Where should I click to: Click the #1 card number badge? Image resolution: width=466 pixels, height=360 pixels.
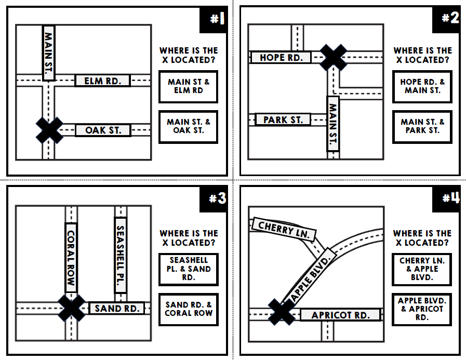tap(215, 20)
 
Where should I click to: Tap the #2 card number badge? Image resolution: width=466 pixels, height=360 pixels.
tap(448, 19)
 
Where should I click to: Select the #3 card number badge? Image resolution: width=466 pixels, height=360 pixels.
tap(215, 199)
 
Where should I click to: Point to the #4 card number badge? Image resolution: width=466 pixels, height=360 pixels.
tap(448, 199)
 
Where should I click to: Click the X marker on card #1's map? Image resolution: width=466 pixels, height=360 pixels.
tap(49, 130)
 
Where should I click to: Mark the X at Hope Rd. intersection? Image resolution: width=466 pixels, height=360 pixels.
tap(332, 57)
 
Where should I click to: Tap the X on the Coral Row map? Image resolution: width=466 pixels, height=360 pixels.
tap(72, 308)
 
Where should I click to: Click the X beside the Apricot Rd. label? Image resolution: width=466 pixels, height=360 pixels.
tap(282, 312)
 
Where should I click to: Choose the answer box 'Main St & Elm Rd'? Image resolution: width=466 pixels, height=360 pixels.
tap(189, 86)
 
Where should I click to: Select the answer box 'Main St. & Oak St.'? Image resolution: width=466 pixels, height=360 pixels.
tap(189, 126)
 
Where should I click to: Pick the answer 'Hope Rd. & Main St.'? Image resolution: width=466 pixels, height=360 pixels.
tap(422, 86)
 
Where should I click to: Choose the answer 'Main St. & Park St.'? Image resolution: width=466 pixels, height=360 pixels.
tap(422, 126)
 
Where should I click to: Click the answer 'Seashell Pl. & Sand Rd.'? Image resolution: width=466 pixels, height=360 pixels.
tap(189, 269)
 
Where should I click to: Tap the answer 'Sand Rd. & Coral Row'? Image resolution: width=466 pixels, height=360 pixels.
tap(189, 309)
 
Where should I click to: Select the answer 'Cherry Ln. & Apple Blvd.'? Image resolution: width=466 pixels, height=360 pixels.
tap(422, 269)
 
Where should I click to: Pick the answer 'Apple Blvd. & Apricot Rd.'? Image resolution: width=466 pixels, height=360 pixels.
tap(422, 309)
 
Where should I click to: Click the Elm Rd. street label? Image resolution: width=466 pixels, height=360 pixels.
tap(102, 81)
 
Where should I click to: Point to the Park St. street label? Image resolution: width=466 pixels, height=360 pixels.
tap(283, 120)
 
